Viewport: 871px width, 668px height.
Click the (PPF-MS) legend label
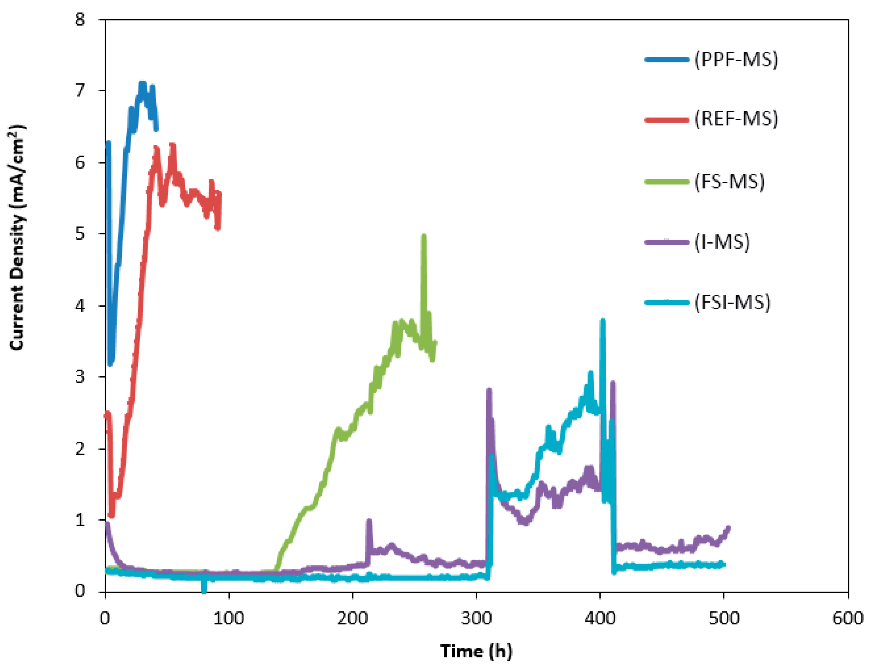coord(736,60)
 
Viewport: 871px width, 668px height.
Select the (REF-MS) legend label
coord(736,119)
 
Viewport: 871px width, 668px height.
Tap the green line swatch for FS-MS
coord(667,182)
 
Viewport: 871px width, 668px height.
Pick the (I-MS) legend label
coord(722,242)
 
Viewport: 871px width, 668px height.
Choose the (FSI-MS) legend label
coord(732,302)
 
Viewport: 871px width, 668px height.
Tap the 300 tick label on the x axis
coord(476,619)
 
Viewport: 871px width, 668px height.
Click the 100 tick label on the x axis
coord(229,619)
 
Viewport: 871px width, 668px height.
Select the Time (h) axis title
coord(476,651)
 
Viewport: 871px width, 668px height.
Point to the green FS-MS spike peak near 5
coord(424,236)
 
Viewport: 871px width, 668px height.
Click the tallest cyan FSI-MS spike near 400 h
coord(602,320)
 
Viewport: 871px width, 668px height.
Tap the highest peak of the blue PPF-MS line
coord(142,83)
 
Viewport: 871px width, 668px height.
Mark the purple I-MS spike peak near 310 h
coord(489,390)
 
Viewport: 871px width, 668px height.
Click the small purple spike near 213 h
coord(369,521)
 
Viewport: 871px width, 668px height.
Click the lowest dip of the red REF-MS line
coord(111,516)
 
